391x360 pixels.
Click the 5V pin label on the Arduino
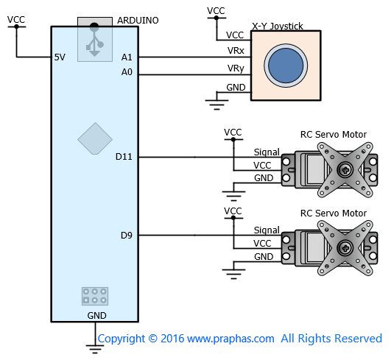point(60,57)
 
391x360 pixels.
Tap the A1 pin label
point(127,57)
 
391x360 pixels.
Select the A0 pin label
point(127,72)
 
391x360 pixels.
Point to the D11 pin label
point(124,157)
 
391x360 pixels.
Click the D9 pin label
point(127,236)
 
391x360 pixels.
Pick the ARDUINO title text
point(138,21)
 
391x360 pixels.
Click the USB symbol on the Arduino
point(94,40)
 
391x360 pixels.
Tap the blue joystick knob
point(286,66)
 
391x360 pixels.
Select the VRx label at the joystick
point(236,51)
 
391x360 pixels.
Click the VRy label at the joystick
point(236,68)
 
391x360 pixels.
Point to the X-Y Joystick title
point(278,27)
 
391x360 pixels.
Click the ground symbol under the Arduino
point(95,349)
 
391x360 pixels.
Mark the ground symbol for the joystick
point(216,105)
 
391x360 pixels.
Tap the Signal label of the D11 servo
point(267,152)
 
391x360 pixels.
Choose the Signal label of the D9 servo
point(267,230)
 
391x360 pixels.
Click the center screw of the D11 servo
point(345,170)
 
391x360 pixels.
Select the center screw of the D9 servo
point(345,248)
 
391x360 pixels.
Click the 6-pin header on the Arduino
point(95,296)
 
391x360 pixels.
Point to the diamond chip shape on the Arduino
point(95,138)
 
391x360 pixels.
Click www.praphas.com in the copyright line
point(230,339)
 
